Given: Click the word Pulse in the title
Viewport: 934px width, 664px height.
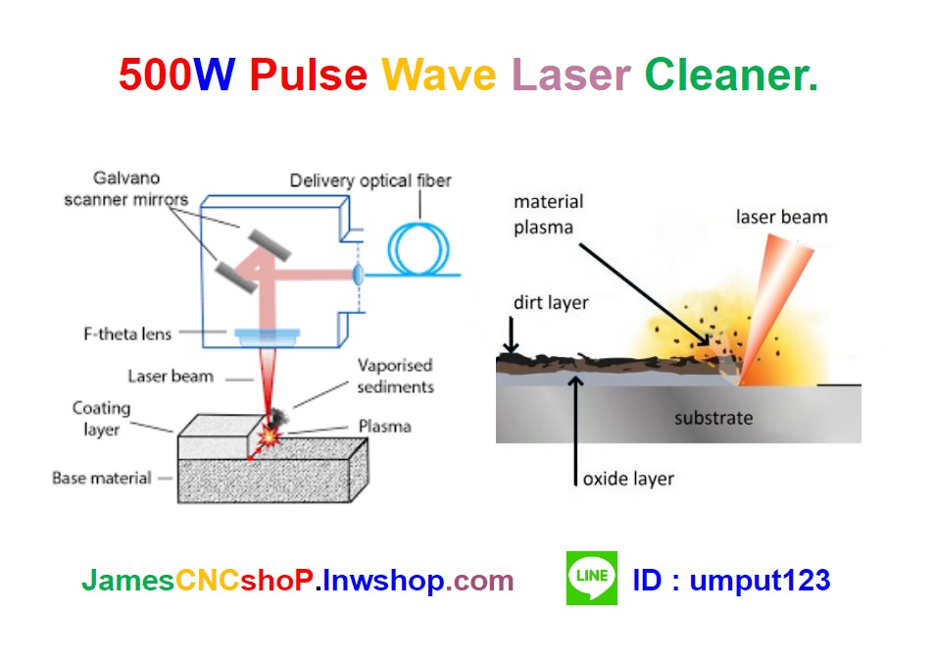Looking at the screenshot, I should click(308, 75).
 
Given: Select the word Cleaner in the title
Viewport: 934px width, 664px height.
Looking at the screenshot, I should click(730, 75).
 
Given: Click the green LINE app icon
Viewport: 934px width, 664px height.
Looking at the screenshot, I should click(592, 578).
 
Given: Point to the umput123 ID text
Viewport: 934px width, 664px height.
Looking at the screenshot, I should click(760, 580).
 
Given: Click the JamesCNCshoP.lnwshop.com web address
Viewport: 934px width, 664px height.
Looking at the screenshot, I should click(297, 580).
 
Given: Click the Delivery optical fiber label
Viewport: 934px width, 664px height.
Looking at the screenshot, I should click(370, 180).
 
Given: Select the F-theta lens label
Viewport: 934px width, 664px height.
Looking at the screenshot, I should click(127, 333).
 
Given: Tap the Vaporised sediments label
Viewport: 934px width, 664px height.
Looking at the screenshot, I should click(396, 376).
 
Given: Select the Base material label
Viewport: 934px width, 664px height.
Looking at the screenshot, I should click(102, 478).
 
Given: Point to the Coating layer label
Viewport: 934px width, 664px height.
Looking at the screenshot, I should click(100, 418).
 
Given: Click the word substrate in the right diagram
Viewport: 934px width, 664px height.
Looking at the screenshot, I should click(713, 418).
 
